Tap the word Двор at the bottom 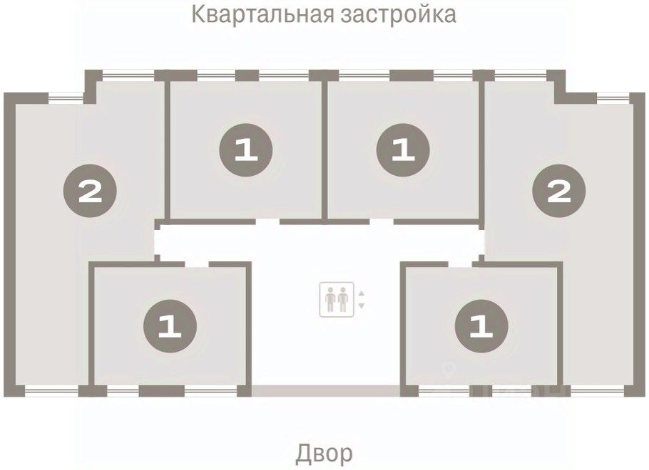point(324,452)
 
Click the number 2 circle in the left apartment point(90,191)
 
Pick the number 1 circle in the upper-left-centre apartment point(246,150)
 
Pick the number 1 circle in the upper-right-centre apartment point(403,150)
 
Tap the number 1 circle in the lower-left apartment point(170,327)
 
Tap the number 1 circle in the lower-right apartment point(482,327)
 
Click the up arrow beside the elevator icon point(361,293)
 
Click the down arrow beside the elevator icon point(361,305)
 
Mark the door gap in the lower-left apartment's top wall point(197,264)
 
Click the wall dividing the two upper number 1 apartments point(324,150)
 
